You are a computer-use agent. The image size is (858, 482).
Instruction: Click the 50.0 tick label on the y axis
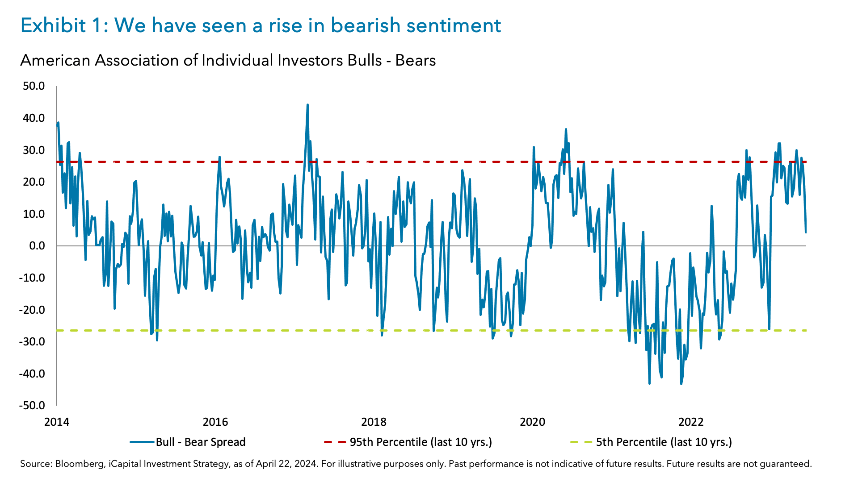point(34,86)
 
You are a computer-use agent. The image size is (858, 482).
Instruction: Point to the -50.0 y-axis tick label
point(32,405)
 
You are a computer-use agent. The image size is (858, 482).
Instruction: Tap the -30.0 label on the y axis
point(32,341)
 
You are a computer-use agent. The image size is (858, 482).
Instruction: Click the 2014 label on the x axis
point(57,422)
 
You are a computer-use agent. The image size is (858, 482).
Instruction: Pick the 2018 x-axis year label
point(374,422)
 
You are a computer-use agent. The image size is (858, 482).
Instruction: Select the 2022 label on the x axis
point(691,422)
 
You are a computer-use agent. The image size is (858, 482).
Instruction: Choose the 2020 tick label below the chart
point(532,422)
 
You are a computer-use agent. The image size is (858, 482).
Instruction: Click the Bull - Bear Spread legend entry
point(200,442)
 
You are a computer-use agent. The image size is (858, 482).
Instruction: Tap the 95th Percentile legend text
point(421,442)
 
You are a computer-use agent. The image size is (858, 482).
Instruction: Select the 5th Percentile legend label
point(664,442)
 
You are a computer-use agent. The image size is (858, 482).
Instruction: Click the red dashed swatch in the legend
point(335,442)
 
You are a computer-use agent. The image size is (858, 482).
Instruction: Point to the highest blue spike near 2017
point(307,105)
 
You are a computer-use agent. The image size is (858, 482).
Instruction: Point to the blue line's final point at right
point(806,232)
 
